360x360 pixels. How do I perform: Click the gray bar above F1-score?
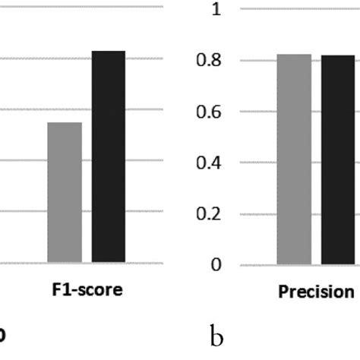[x=65, y=193]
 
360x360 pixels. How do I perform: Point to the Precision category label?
[x=316, y=292]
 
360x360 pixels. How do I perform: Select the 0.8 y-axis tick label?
[x=214, y=61]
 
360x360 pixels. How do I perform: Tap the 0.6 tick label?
[x=214, y=112]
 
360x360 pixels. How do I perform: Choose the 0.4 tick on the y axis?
[x=214, y=163]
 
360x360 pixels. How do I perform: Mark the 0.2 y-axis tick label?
[x=214, y=214]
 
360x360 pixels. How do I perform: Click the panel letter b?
[x=216, y=336]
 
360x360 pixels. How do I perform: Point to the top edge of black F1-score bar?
[x=109, y=52]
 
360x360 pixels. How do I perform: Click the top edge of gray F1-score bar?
[x=65, y=123]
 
